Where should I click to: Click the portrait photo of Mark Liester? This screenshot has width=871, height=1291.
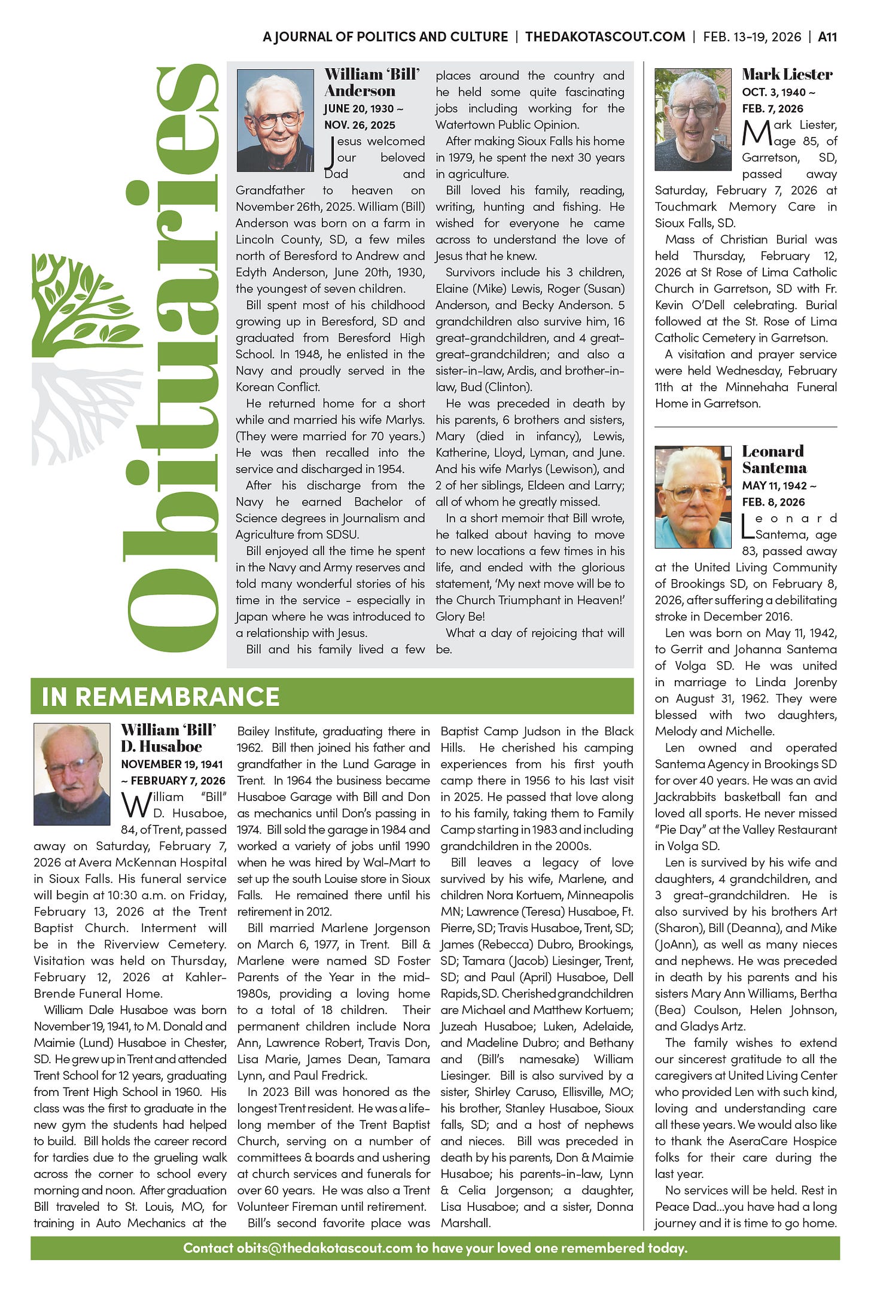point(693,120)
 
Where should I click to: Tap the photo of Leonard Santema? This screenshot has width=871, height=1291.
point(693,497)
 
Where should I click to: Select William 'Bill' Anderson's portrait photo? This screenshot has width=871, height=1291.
point(275,120)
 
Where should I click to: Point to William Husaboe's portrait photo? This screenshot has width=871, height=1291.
point(72,774)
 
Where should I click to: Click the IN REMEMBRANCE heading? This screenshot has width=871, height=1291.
point(160,696)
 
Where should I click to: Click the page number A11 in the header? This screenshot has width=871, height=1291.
point(827,36)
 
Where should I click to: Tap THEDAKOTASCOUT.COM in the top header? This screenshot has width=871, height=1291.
point(605,36)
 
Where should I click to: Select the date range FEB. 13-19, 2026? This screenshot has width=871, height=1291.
point(752,36)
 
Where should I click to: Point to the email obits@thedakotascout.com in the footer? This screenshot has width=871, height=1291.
point(324,1247)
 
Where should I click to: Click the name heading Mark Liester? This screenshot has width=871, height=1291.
point(787,74)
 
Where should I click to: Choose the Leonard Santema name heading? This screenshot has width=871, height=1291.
point(774,459)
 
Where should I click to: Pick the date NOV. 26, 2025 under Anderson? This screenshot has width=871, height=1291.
point(360,125)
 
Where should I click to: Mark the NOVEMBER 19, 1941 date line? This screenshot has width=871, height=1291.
point(172,764)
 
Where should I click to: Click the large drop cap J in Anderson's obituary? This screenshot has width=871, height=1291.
point(330,153)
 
